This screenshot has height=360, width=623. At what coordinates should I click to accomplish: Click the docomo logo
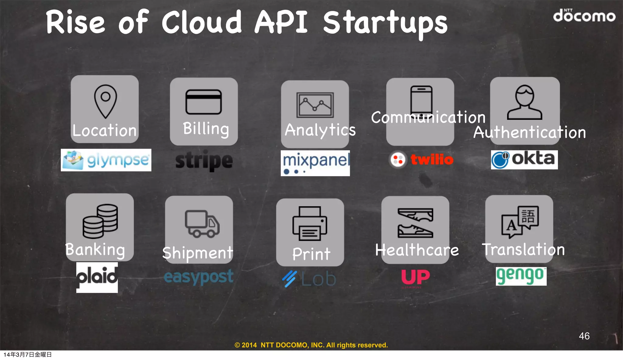pyautogui.click(x=584, y=16)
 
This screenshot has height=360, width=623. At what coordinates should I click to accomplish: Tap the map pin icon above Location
pyautogui.click(x=105, y=101)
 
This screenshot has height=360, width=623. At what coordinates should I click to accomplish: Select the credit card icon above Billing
pyautogui.click(x=204, y=102)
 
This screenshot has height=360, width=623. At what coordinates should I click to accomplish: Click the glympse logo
pyautogui.click(x=106, y=160)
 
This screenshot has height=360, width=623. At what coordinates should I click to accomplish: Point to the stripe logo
pyautogui.click(x=204, y=161)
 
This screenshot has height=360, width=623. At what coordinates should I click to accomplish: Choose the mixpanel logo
pyautogui.click(x=315, y=163)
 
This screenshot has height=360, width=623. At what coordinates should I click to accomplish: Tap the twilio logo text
pyautogui.click(x=432, y=159)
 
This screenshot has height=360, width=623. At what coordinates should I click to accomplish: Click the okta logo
pyautogui.click(x=524, y=159)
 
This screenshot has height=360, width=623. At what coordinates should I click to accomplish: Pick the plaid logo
pyautogui.click(x=97, y=277)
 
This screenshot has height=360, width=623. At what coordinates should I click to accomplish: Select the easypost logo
pyautogui.click(x=198, y=277)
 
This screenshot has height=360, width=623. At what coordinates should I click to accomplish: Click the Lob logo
pyautogui.click(x=309, y=279)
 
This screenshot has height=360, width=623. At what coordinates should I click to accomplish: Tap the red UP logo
pyautogui.click(x=415, y=277)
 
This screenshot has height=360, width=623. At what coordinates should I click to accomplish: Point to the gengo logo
pyautogui.click(x=521, y=276)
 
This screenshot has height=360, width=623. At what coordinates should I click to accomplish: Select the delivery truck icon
pyautogui.click(x=202, y=224)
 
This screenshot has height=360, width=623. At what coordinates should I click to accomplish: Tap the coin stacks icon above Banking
pyautogui.click(x=100, y=221)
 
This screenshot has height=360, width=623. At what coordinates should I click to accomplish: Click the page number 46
pyautogui.click(x=584, y=336)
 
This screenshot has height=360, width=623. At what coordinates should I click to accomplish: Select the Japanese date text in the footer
pyautogui.click(x=27, y=355)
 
